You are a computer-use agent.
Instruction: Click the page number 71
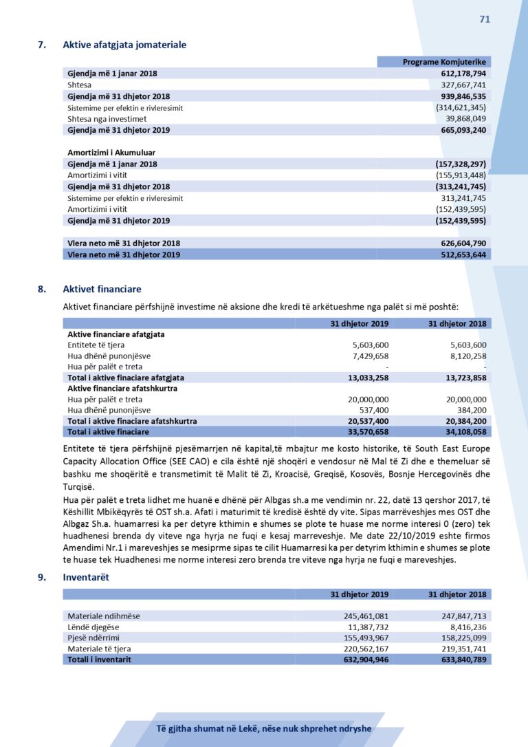485,19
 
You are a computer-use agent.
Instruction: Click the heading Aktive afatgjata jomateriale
124,45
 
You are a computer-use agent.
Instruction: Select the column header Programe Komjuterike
444,62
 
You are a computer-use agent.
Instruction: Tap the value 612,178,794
463,74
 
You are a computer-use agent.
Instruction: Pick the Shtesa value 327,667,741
463,85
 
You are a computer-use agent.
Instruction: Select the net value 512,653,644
463,255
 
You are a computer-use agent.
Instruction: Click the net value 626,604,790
463,243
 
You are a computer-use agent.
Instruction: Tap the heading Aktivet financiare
102,290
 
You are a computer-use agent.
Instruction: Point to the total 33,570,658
368,431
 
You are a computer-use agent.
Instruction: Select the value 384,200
472,410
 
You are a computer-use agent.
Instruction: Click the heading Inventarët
85,578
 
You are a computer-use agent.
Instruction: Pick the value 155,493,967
366,638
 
